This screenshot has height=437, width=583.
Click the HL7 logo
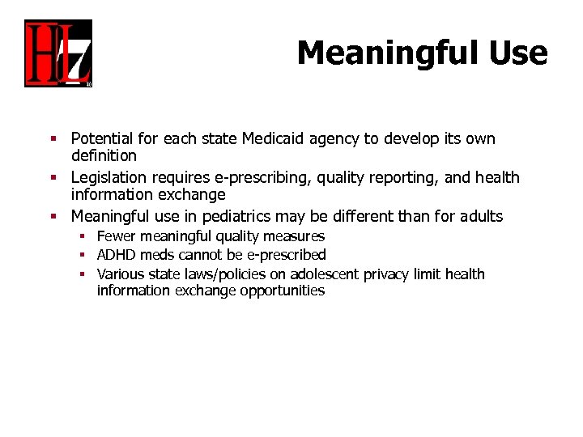(x=58, y=53)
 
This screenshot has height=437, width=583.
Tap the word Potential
(x=101, y=139)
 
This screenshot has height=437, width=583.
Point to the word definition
(x=104, y=155)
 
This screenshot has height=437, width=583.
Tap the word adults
(x=479, y=217)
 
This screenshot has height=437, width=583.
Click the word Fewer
(x=115, y=236)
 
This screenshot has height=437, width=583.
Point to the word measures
(x=294, y=236)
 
